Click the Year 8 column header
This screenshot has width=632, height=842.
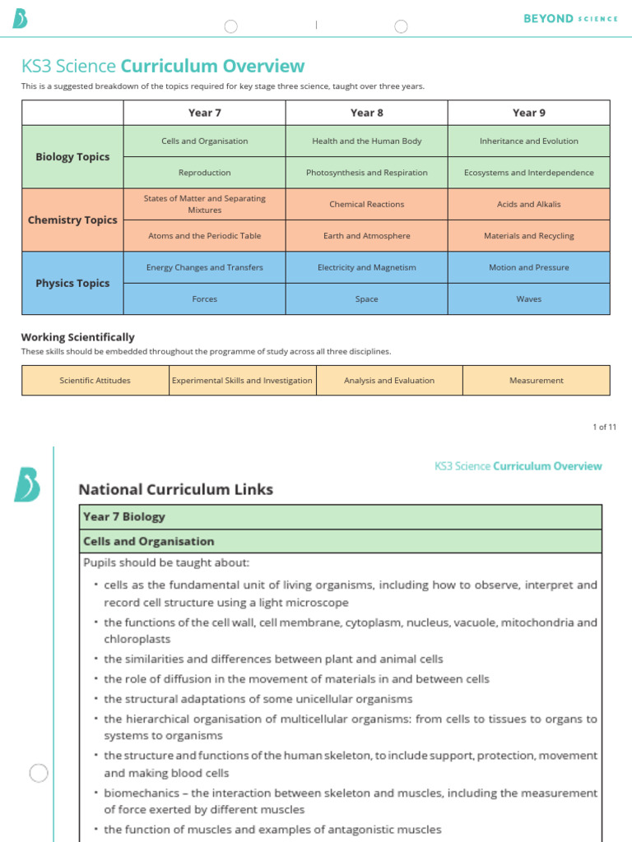pyautogui.click(x=366, y=113)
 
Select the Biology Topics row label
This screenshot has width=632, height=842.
pyautogui.click(x=72, y=157)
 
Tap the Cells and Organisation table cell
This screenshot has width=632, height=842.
pyautogui.click(x=204, y=141)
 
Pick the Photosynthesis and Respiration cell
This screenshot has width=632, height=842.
pyautogui.click(x=366, y=173)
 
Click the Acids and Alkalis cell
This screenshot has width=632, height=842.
pyautogui.click(x=528, y=204)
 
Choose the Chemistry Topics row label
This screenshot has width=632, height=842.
pyautogui.click(x=72, y=220)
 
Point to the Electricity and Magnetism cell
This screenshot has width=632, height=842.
pyautogui.click(x=366, y=267)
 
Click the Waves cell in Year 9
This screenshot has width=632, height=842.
pyautogui.click(x=528, y=299)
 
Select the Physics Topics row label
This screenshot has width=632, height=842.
pyautogui.click(x=72, y=284)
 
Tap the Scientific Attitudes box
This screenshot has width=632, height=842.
pyautogui.click(x=95, y=381)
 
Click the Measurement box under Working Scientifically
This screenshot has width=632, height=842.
pyautogui.click(x=536, y=381)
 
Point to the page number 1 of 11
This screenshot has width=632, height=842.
pyautogui.click(x=604, y=427)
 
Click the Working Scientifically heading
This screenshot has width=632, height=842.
pyautogui.click(x=77, y=337)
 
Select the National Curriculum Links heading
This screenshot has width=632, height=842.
pyautogui.click(x=175, y=489)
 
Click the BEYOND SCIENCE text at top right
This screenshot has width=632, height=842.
pyautogui.click(x=569, y=18)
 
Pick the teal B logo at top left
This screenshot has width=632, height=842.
pyautogui.click(x=20, y=18)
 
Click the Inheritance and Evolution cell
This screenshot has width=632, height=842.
pyautogui.click(x=528, y=141)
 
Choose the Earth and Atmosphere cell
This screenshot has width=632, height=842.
pyautogui.click(x=366, y=236)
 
